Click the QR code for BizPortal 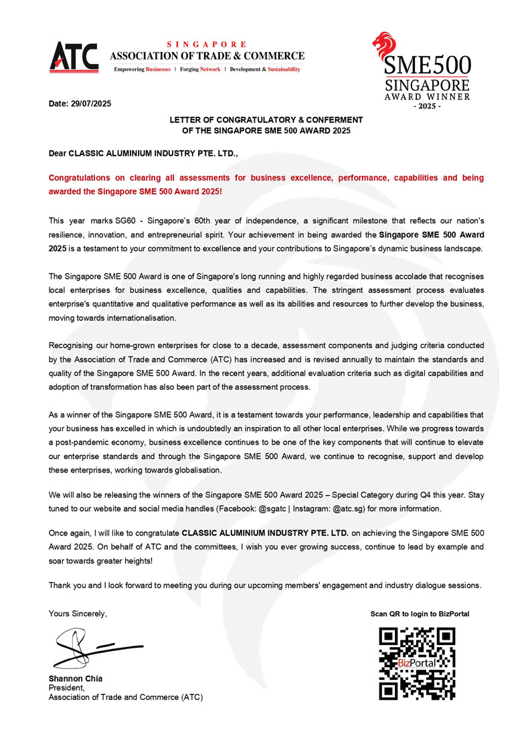pos(418,662)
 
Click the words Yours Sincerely pos(78,614)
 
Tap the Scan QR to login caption pos(420,614)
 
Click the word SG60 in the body pos(127,220)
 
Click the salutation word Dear pos(58,154)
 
